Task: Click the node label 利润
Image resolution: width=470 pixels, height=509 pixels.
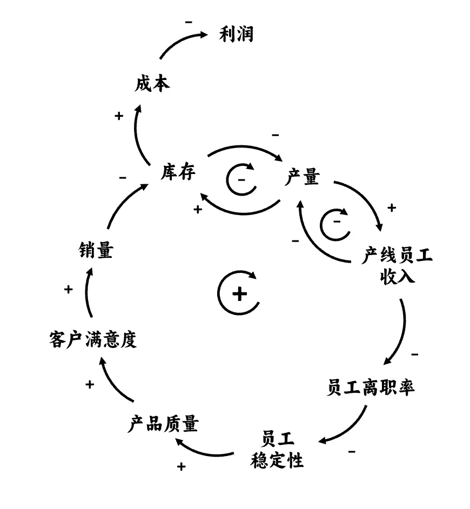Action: click(x=237, y=35)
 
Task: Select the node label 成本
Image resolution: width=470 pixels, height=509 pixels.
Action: click(x=152, y=84)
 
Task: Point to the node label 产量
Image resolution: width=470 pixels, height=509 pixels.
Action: click(x=302, y=177)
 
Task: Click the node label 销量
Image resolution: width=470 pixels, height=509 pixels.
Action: click(x=95, y=250)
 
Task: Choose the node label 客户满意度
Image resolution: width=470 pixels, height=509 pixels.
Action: click(x=92, y=340)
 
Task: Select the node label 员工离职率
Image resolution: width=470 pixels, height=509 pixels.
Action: click(x=371, y=387)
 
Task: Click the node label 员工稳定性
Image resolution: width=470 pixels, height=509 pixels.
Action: click(x=277, y=448)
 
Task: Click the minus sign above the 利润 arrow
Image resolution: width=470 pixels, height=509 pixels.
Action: click(x=189, y=22)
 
